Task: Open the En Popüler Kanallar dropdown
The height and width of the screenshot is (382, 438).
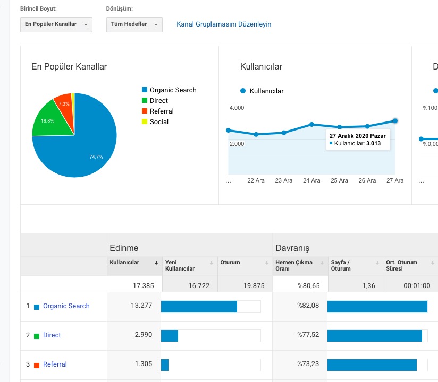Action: (x=56, y=24)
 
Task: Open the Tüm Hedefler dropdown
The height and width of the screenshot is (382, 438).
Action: (x=134, y=24)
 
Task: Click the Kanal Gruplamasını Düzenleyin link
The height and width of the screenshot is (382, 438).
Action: (x=224, y=24)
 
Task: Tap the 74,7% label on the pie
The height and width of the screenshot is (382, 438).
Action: (x=96, y=157)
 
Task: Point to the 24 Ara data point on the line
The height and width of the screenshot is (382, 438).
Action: (x=311, y=124)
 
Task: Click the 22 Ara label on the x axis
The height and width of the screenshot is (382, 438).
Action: (x=256, y=180)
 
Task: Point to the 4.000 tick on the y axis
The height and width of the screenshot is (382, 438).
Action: (x=237, y=108)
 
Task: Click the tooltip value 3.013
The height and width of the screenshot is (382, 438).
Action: (x=374, y=143)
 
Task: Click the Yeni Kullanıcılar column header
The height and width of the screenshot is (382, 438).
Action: (x=180, y=265)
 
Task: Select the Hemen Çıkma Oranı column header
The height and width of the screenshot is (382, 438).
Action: (x=294, y=265)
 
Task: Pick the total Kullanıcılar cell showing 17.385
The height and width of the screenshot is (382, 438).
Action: (x=144, y=286)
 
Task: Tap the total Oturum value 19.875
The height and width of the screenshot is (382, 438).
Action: (x=254, y=286)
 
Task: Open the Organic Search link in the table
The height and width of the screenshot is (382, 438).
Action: (x=66, y=306)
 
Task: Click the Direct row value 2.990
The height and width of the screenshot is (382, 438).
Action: (x=144, y=335)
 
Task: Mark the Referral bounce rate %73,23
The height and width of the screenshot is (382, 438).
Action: (x=308, y=364)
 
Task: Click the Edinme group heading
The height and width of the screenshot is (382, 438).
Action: (x=124, y=248)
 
